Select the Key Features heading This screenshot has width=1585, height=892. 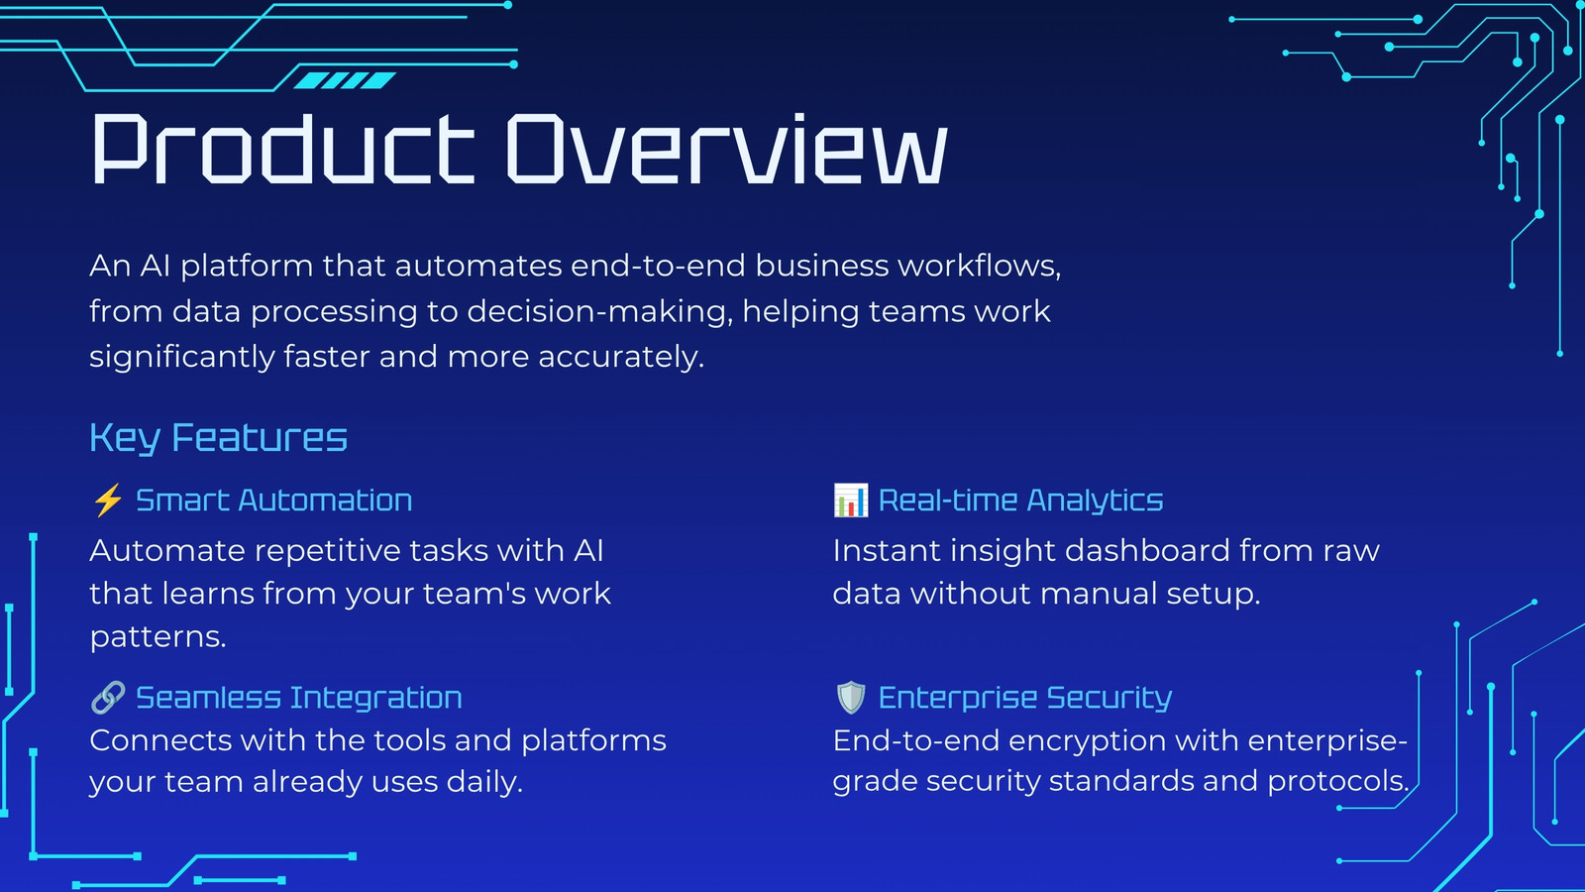(218, 438)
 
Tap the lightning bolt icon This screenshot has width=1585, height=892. (108, 501)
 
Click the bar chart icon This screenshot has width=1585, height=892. (851, 501)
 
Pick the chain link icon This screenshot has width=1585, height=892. (108, 698)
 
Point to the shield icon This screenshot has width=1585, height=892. (851, 698)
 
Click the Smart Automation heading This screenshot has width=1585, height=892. (273, 501)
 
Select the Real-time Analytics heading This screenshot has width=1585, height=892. (1020, 501)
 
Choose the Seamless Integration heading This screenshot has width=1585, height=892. (298, 698)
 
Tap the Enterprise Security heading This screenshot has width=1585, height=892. (1025, 698)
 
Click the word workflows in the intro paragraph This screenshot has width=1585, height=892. (980, 267)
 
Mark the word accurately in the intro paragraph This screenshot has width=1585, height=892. (621, 357)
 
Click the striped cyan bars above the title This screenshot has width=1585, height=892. (345, 80)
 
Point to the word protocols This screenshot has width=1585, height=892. (1338, 782)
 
